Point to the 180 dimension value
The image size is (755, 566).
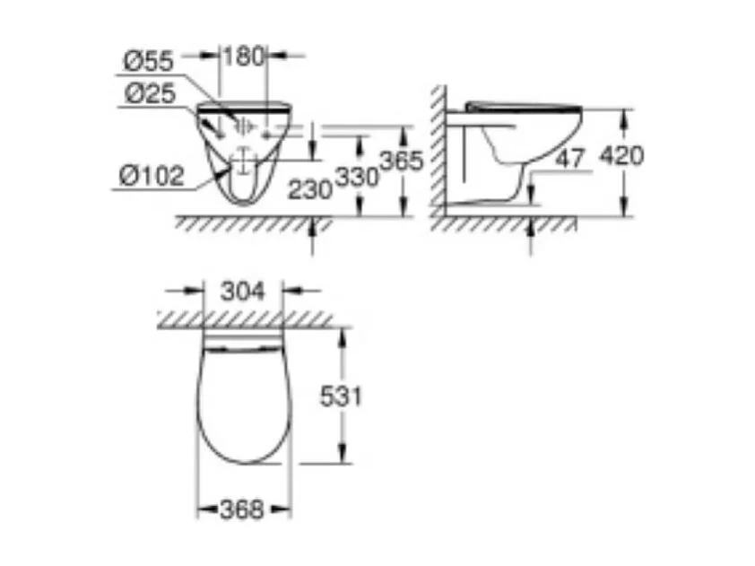tap(243, 56)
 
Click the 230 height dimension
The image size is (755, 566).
tap(310, 188)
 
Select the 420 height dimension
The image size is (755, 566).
tap(620, 155)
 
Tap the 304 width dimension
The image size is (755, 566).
tap(243, 291)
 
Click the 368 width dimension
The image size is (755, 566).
tap(243, 510)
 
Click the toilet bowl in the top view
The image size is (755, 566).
tap(243, 404)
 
